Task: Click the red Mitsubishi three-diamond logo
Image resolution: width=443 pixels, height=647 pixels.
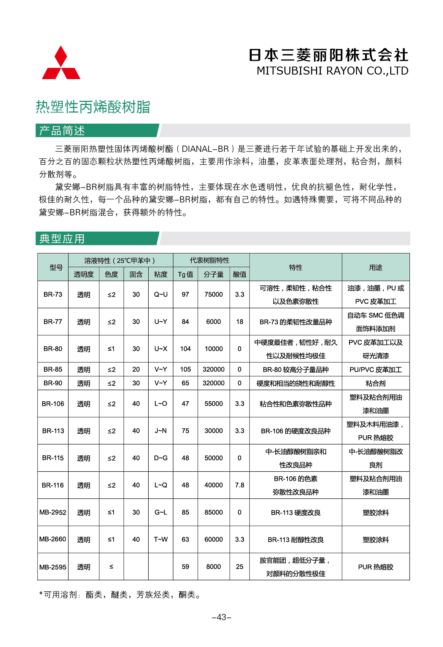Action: pos(61,63)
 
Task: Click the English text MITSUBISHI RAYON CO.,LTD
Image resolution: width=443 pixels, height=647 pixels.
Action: pos(332,71)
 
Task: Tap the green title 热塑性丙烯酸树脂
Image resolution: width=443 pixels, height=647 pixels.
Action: pos(93,107)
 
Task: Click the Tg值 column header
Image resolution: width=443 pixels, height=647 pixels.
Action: pos(185,274)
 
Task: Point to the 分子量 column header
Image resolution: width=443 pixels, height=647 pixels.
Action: pos(213,274)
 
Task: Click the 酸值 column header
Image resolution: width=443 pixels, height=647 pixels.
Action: pos(240,274)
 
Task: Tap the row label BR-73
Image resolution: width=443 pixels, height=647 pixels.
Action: pos(53,294)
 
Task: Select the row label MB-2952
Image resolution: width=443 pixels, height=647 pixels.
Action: pos(53,512)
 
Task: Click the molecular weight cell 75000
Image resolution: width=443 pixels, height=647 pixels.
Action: pos(213,294)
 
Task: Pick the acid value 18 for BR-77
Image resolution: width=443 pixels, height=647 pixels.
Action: pos(240,322)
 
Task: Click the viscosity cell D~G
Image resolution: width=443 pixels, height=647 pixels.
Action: pos(160,458)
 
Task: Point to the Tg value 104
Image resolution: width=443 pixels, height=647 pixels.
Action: pos(185,349)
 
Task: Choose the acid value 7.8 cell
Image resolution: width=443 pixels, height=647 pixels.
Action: pos(240,485)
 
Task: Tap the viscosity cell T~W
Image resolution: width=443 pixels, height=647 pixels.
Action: pos(160,539)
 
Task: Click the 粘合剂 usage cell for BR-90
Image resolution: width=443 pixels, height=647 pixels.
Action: pos(375,383)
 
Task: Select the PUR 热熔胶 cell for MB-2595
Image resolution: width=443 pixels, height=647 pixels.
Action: pos(375,567)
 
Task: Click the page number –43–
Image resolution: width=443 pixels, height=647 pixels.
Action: pos(221,617)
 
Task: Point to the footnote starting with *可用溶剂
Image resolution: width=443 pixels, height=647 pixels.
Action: pos(120,595)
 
